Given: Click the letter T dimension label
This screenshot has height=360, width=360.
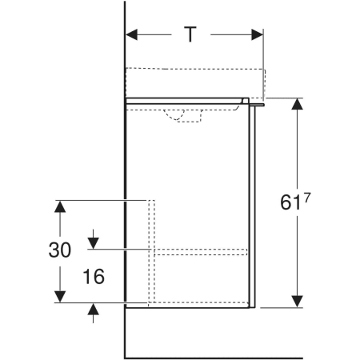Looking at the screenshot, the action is click(x=190, y=34).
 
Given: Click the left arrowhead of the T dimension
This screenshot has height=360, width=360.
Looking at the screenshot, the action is click(x=131, y=34).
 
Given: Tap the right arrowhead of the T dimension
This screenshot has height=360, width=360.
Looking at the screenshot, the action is click(x=258, y=34).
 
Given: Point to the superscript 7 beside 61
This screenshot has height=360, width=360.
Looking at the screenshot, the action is click(x=307, y=198).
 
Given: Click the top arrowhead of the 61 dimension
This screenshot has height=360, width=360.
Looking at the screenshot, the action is click(x=297, y=104).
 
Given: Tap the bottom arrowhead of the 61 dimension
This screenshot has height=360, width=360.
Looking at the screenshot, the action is click(x=297, y=302).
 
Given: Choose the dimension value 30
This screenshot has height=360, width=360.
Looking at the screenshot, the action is click(x=60, y=250).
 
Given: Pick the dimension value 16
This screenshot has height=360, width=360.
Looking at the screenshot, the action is click(x=94, y=276).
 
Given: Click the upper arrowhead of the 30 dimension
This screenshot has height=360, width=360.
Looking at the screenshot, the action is click(x=60, y=206).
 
